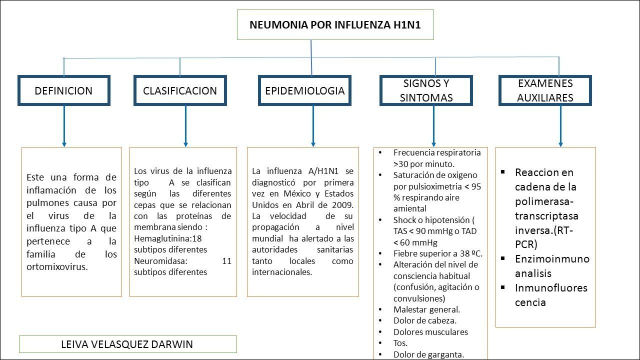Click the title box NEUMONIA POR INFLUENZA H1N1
pos(335,24)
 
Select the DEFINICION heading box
pos(63,90)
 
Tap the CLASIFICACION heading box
pos(180,90)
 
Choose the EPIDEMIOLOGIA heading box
pos(304,90)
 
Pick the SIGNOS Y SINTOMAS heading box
pos(426,90)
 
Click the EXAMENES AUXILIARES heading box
pos(545,90)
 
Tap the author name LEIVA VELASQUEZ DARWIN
pos(127,344)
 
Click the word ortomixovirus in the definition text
pos(57,267)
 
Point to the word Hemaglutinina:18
pos(167,238)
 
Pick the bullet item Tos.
pos(400,343)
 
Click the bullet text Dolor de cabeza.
pos(424,320)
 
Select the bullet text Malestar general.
pos(426,309)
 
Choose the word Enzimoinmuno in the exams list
pos(552,259)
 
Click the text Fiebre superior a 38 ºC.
pos(437,253)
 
